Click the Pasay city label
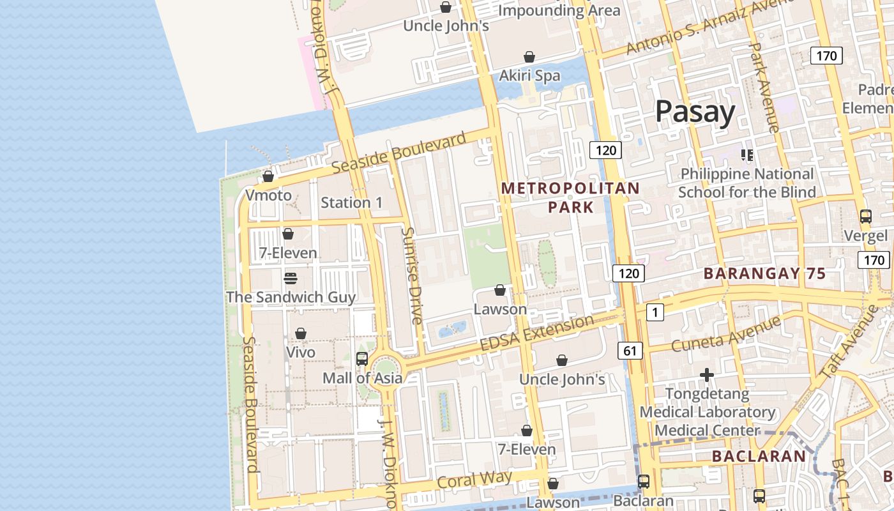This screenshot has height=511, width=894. (x=695, y=112)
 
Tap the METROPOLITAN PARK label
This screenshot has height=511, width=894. (x=570, y=197)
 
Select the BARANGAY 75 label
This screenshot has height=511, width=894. (x=764, y=274)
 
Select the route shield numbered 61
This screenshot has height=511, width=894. (x=630, y=350)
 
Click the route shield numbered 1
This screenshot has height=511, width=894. (x=655, y=312)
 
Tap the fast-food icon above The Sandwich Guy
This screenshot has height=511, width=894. (x=291, y=278)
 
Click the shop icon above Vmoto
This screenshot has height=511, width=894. (x=268, y=176)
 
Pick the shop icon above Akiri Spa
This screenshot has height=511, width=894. (x=529, y=57)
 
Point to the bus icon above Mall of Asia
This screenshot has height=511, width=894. (x=362, y=359)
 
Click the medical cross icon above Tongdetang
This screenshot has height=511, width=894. (x=706, y=374)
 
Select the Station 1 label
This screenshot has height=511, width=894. (x=352, y=202)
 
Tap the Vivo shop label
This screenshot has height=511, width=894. (x=301, y=352)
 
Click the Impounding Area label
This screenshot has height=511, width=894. (x=559, y=10)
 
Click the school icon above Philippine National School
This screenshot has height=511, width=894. (x=746, y=155)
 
